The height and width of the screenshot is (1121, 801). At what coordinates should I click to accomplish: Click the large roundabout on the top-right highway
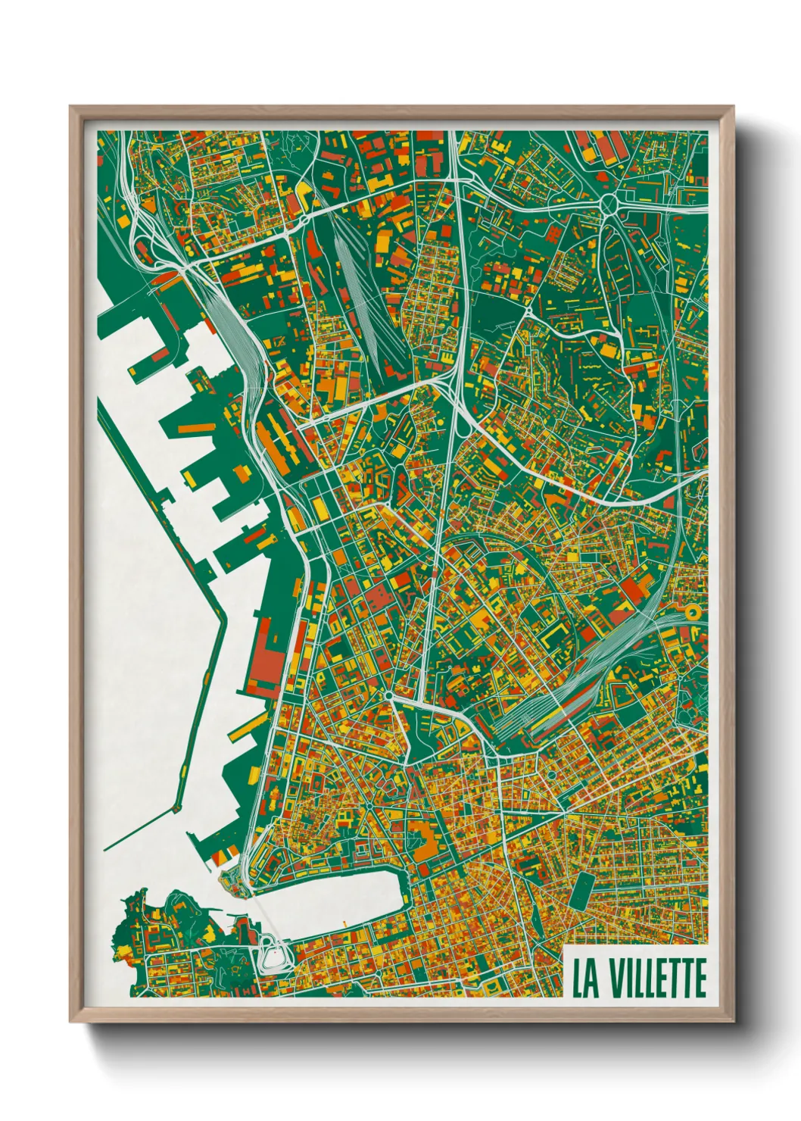(608, 203)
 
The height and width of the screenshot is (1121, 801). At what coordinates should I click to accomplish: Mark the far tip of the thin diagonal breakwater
(105, 849)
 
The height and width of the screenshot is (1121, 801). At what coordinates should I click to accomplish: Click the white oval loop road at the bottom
(272, 952)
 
